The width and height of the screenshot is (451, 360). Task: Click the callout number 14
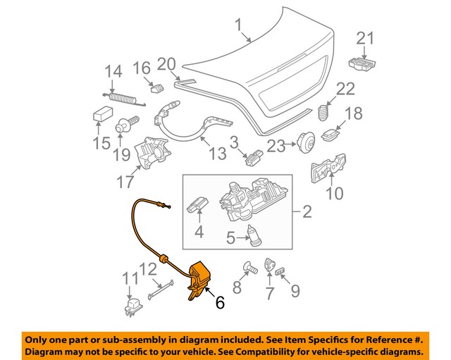(x=113, y=71)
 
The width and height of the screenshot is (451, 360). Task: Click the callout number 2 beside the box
(x=307, y=211)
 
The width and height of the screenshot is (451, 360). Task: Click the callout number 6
(x=220, y=303)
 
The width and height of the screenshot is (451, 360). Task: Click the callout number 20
(x=166, y=64)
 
